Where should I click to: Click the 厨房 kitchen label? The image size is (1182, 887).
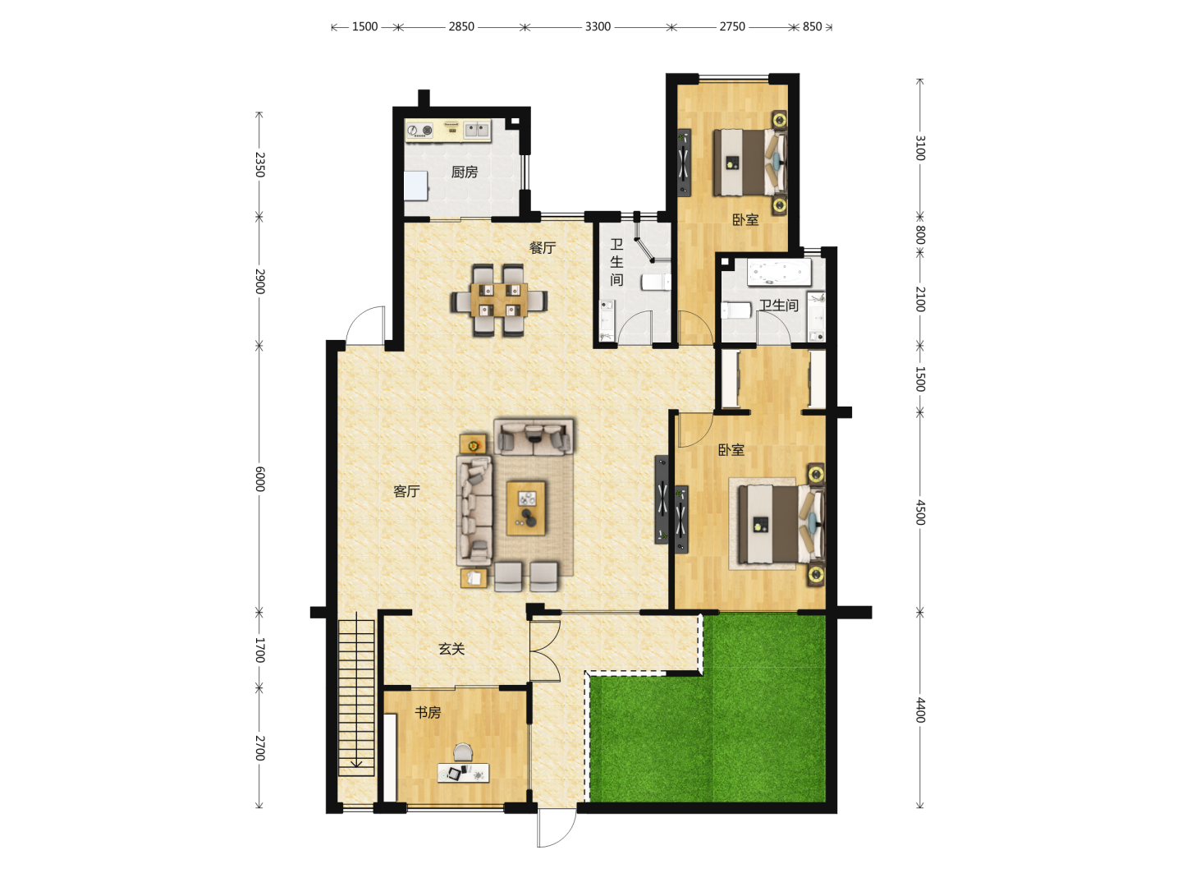pyautogui.click(x=465, y=172)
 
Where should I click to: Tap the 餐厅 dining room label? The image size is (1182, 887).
pyautogui.click(x=543, y=248)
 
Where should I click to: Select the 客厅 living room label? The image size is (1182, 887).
pyautogui.click(x=406, y=491)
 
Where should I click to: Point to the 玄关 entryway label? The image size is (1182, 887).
pyautogui.click(x=451, y=649)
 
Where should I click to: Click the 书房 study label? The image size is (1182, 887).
pyautogui.click(x=428, y=713)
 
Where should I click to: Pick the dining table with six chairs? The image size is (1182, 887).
pyautogui.click(x=499, y=301)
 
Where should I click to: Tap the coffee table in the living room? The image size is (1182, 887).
pyautogui.click(x=526, y=508)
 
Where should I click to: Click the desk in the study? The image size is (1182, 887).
pyautogui.click(x=464, y=773)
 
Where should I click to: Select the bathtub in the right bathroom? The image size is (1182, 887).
pyautogui.click(x=779, y=273)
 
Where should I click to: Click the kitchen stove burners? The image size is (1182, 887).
pyautogui.click(x=420, y=131)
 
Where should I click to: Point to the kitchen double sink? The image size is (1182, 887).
pyautogui.click(x=477, y=130)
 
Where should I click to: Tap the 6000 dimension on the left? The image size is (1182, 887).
pyautogui.click(x=259, y=479)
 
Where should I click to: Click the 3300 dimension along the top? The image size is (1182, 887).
pyautogui.click(x=598, y=27)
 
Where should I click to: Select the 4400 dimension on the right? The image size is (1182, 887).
pyautogui.click(x=920, y=710)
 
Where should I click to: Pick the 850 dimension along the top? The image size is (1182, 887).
pyautogui.click(x=812, y=27)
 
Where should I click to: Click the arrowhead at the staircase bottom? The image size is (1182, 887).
pyautogui.click(x=356, y=763)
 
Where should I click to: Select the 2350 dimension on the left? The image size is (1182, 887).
pyautogui.click(x=259, y=165)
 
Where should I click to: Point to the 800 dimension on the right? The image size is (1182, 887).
pyautogui.click(x=920, y=235)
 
